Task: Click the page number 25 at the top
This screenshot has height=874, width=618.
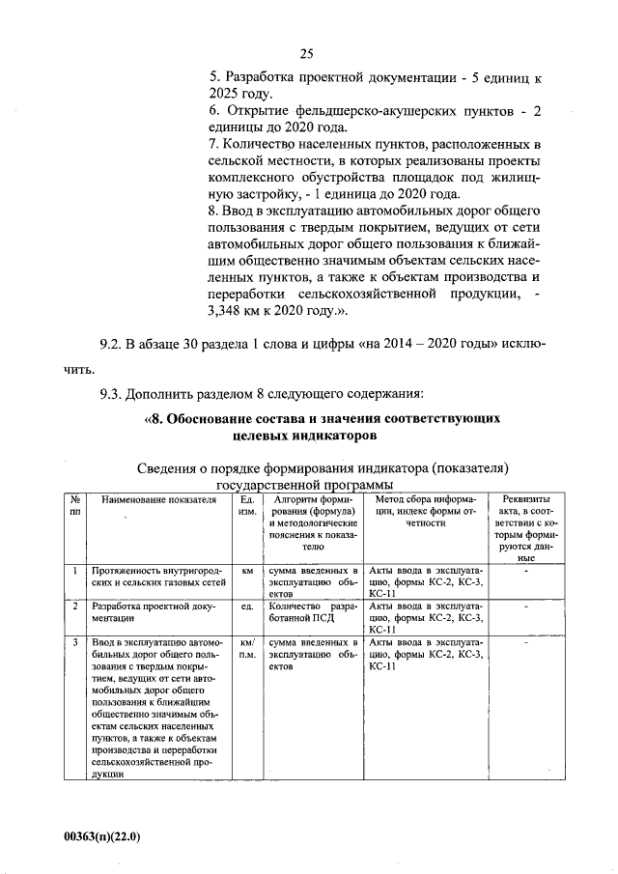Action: point(307,54)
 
